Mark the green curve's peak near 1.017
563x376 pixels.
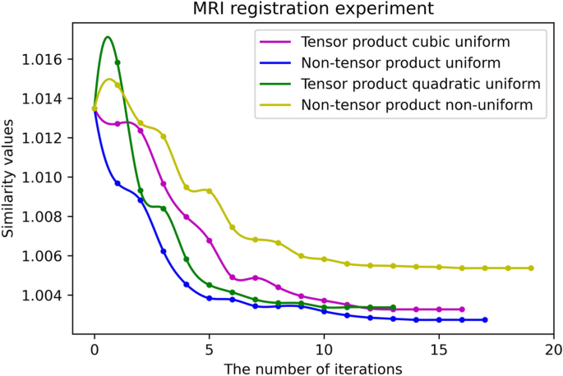108,37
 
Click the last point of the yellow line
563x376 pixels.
531,268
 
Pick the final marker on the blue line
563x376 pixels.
485,319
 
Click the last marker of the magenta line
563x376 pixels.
462,309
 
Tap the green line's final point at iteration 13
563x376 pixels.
393,307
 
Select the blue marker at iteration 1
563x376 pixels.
118,183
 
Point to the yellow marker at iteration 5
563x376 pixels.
210,191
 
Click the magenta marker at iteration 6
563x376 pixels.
233,277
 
